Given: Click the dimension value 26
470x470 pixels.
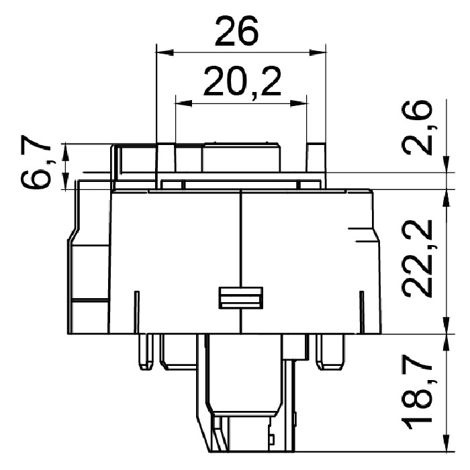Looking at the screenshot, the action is (x=236, y=31).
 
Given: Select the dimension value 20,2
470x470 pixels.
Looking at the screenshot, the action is (x=243, y=81).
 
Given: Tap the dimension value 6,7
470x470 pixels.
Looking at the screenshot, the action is (x=36, y=166).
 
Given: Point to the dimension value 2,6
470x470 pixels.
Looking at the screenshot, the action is (x=418, y=128).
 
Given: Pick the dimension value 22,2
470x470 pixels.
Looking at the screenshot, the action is (x=418, y=258).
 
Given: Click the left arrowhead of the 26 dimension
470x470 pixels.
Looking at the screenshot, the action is (x=165, y=52).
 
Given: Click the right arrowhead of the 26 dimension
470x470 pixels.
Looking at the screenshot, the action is (x=318, y=52).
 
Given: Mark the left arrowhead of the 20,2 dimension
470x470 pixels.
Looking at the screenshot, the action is (x=183, y=103).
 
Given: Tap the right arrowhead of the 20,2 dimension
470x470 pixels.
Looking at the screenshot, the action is (x=299, y=103).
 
